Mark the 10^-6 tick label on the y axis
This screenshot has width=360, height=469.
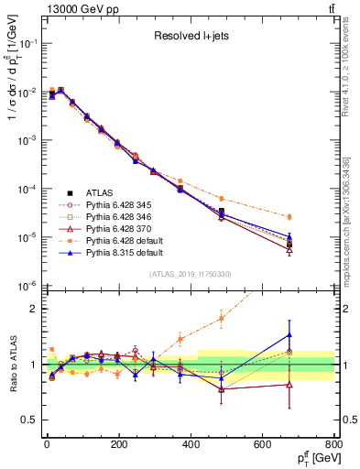(27, 286)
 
